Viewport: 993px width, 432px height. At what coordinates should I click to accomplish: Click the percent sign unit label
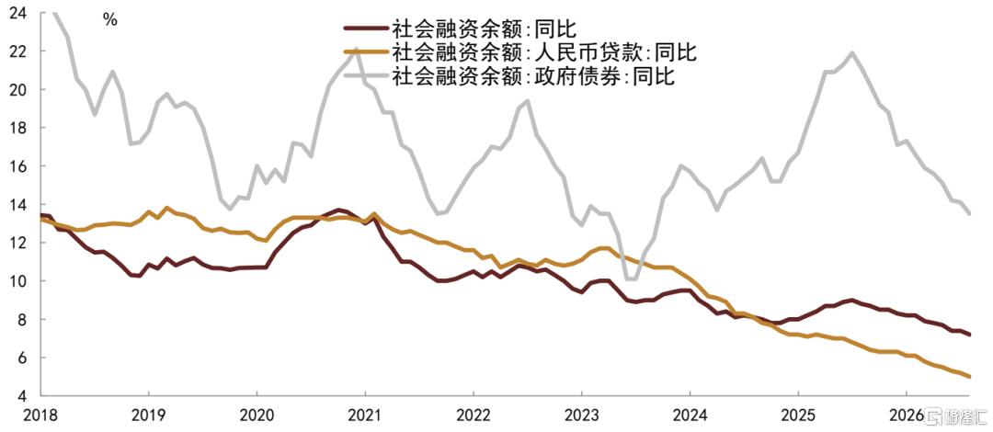[110, 19]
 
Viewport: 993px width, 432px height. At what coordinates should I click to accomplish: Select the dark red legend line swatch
[365, 28]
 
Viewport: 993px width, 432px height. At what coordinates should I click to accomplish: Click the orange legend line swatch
[365, 52]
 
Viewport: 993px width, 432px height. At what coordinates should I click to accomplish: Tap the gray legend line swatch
[365, 76]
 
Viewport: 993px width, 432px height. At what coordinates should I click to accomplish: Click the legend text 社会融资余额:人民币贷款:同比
[543, 52]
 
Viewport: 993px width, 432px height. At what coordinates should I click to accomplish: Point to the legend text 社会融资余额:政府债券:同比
[533, 76]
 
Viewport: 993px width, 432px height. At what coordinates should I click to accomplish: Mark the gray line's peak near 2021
[357, 49]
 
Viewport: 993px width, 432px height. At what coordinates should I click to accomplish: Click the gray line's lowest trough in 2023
[631, 279]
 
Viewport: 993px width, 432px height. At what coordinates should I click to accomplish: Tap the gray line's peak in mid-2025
[852, 52]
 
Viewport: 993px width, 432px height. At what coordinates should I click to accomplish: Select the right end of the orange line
[969, 377]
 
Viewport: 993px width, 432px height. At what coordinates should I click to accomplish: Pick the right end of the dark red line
[969, 335]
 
